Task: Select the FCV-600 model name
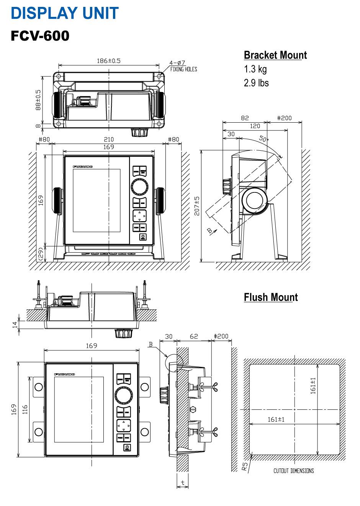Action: (x=40, y=36)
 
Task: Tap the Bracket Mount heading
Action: (x=275, y=55)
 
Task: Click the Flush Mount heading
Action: (x=270, y=297)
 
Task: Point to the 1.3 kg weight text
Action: (x=255, y=69)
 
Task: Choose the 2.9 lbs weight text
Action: (x=256, y=83)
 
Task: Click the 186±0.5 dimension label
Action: (x=108, y=61)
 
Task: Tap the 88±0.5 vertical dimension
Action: (x=38, y=100)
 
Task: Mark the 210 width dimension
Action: (x=109, y=140)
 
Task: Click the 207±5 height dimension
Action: (x=197, y=206)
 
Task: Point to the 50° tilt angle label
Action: (x=263, y=139)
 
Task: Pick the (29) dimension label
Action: (x=41, y=254)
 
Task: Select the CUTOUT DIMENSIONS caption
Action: (x=293, y=471)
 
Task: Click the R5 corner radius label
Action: (x=245, y=466)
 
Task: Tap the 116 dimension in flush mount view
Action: (x=25, y=409)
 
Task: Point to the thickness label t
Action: (x=183, y=483)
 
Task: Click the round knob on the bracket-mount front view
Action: (x=140, y=187)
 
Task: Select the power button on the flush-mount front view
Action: (x=127, y=447)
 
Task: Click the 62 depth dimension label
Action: (x=194, y=336)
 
